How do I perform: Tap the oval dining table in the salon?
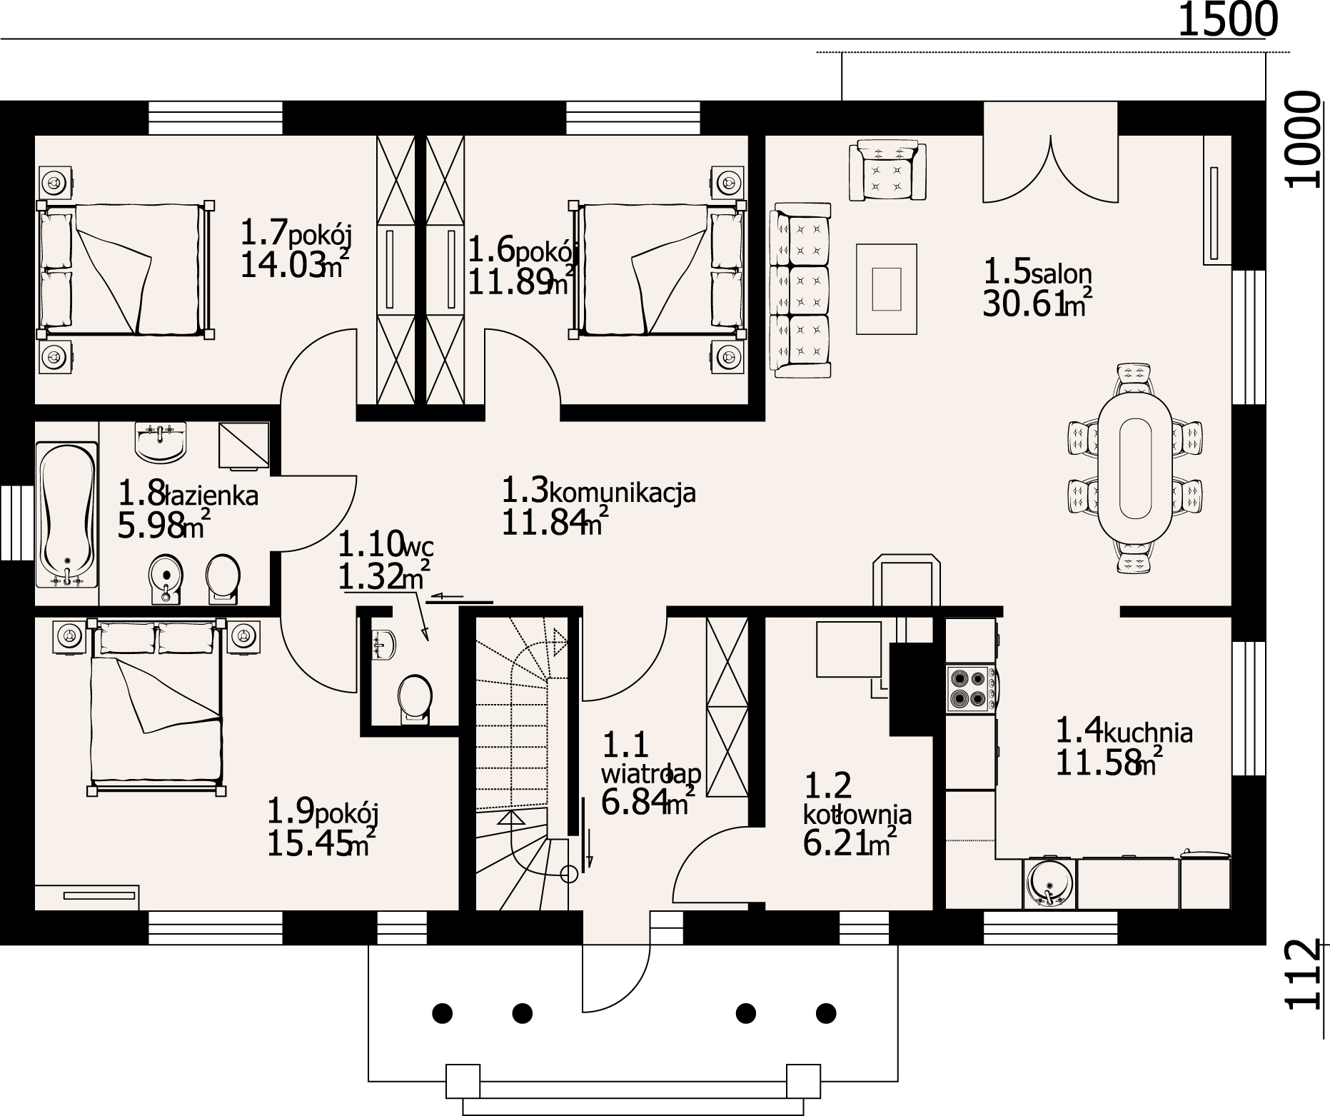click(1134, 468)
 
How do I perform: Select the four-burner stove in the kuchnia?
click(968, 688)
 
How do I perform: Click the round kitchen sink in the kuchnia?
click(1048, 884)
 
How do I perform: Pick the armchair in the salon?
click(887, 171)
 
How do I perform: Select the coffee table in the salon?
click(887, 288)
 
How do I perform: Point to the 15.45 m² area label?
click(321, 845)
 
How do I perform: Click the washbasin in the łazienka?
click(160, 441)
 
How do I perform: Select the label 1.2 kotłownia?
click(857, 800)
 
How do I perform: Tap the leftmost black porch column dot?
click(443, 1012)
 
